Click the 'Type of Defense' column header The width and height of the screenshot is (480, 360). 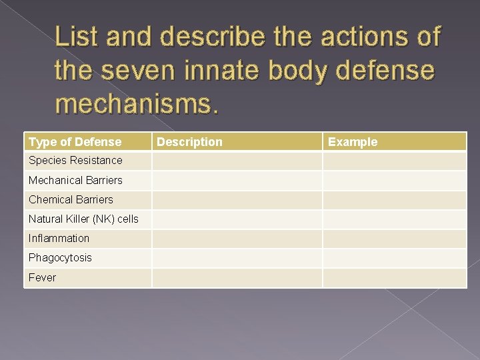[75, 142]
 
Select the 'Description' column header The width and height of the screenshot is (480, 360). [190, 142]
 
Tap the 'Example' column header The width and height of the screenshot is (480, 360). [353, 142]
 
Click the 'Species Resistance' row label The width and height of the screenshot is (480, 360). [75, 161]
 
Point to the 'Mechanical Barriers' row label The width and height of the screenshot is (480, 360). [75, 180]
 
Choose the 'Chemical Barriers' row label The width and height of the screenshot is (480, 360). [71, 199]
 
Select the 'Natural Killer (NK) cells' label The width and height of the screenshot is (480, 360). [83, 219]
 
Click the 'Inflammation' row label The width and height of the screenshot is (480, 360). [59, 238]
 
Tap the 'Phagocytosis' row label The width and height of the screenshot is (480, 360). [60, 257]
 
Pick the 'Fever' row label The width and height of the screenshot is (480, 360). [42, 277]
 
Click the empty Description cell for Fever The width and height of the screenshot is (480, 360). [237, 277]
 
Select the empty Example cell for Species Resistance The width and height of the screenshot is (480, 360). [395, 161]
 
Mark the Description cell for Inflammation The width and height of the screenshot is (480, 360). [237, 238]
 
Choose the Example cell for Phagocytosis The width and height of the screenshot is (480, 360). [395, 257]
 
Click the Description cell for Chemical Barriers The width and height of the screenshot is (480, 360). [237, 199]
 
